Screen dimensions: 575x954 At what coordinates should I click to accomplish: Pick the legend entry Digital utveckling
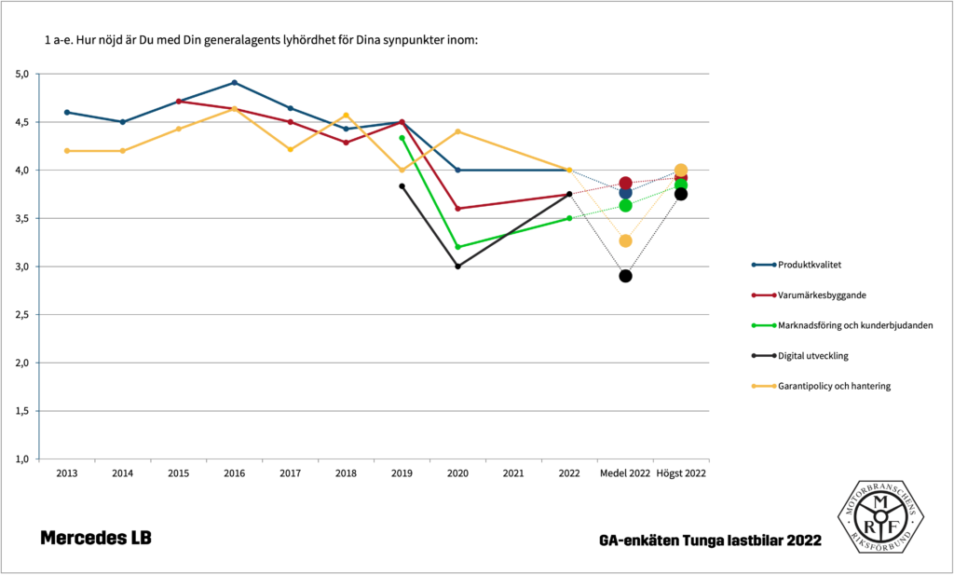[812, 355]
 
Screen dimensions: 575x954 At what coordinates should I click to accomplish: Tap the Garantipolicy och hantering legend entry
[834, 386]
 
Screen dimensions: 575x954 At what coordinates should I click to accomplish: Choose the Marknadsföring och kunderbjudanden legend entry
[855, 325]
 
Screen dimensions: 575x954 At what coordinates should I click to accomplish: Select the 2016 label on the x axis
[234, 473]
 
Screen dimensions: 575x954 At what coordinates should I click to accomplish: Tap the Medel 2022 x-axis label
[625, 473]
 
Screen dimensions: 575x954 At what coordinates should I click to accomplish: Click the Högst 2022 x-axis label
[681, 473]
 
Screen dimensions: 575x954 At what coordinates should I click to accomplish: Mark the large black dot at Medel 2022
[625, 276]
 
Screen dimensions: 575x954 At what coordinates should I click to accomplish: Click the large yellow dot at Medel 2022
[625, 241]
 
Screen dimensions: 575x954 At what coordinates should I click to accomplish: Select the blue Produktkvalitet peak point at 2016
[234, 83]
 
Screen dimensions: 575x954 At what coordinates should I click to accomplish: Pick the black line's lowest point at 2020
[457, 267]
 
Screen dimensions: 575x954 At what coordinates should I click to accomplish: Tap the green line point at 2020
[457, 247]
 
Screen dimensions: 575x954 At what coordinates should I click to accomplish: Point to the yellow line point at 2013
[67, 151]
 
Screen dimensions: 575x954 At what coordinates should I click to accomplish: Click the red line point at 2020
[457, 209]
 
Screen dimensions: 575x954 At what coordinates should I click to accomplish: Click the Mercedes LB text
[95, 539]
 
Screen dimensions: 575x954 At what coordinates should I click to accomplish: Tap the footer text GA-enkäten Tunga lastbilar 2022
[711, 541]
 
